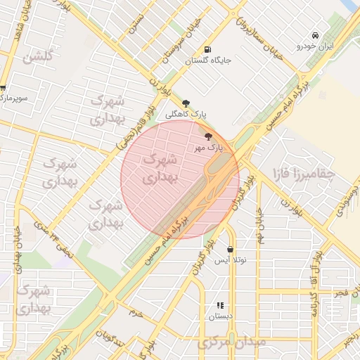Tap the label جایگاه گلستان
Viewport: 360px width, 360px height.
(207, 61)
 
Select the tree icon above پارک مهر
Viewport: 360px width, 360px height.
(208, 136)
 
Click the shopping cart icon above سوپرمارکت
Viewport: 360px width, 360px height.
(3, 89)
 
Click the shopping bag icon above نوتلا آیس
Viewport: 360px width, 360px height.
(231, 249)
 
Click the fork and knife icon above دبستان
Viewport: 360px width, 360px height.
(220, 305)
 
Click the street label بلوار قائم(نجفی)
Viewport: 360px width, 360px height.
(131, 125)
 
